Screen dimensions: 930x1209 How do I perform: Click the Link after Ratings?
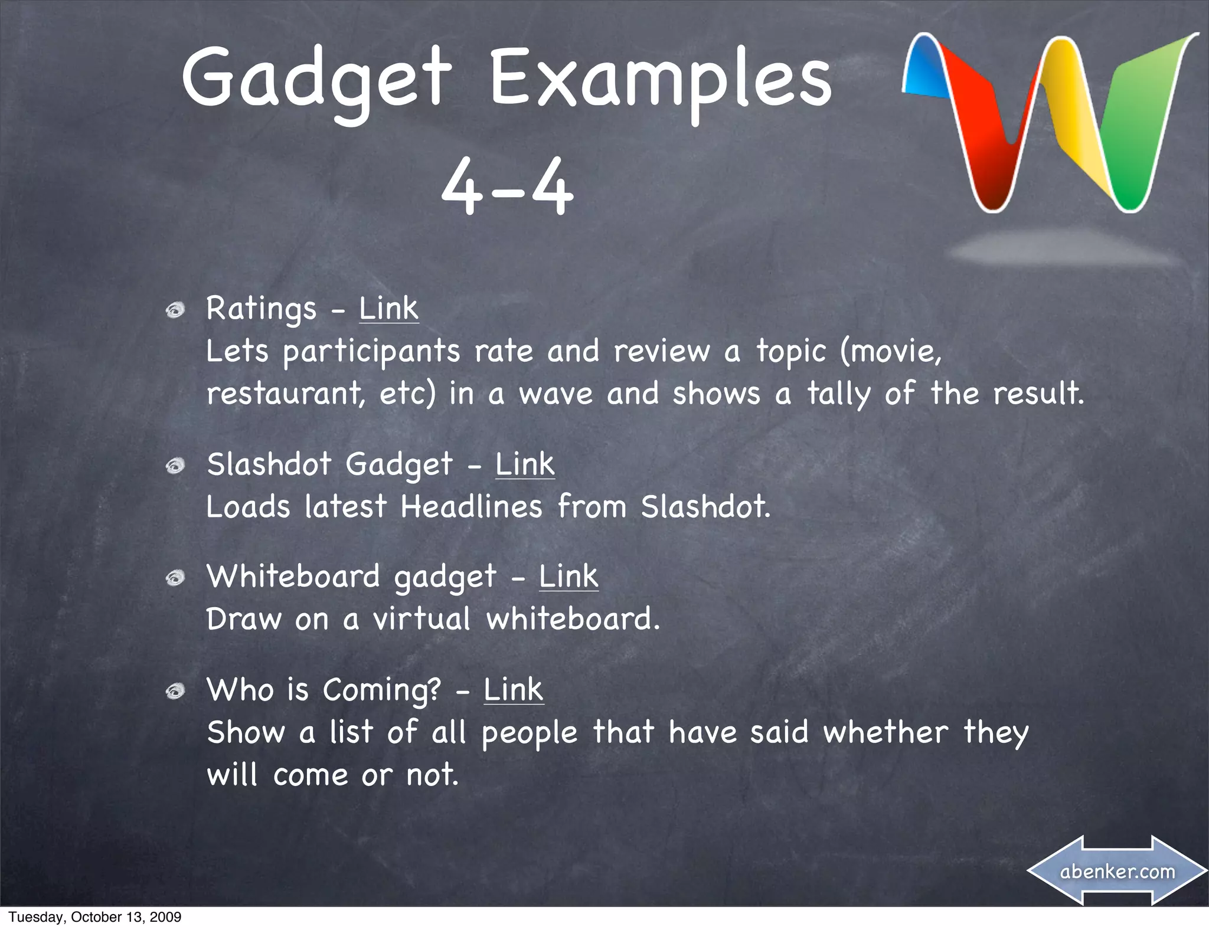(x=388, y=309)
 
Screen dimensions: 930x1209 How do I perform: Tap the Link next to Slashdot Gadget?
(x=525, y=464)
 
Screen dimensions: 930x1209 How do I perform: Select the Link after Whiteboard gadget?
(x=568, y=577)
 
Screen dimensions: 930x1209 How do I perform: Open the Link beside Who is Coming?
(x=513, y=690)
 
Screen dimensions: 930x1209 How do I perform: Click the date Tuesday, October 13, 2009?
(x=95, y=917)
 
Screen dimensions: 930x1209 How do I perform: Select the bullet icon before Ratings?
(x=175, y=310)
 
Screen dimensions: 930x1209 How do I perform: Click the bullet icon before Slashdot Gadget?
(x=175, y=466)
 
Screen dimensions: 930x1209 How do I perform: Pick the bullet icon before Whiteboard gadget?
(x=175, y=578)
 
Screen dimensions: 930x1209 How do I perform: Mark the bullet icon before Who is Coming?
(x=175, y=691)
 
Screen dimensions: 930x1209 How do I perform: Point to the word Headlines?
(x=471, y=507)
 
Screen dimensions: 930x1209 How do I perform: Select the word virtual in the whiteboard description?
(x=421, y=619)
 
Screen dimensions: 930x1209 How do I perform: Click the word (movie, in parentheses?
(x=890, y=352)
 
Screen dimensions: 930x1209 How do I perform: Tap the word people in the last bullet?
(x=529, y=733)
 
